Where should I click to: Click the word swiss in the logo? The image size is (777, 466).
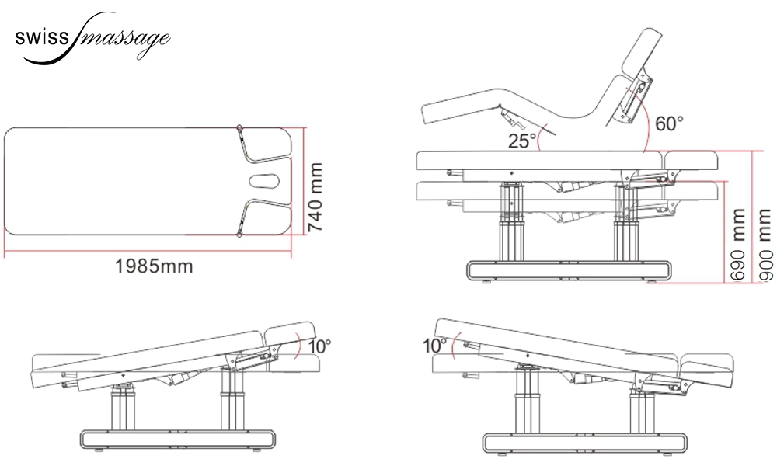pos(41,38)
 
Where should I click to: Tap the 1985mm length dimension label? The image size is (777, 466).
pos(154,266)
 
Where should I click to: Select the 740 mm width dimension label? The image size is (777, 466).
pos(315,196)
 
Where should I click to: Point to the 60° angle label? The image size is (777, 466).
pos(669,123)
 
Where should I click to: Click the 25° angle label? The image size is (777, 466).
pos(522,141)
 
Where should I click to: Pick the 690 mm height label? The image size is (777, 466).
pos(738,245)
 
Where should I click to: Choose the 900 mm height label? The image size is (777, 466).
pos(765,245)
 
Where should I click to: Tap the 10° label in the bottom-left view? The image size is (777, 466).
pos(319,346)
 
